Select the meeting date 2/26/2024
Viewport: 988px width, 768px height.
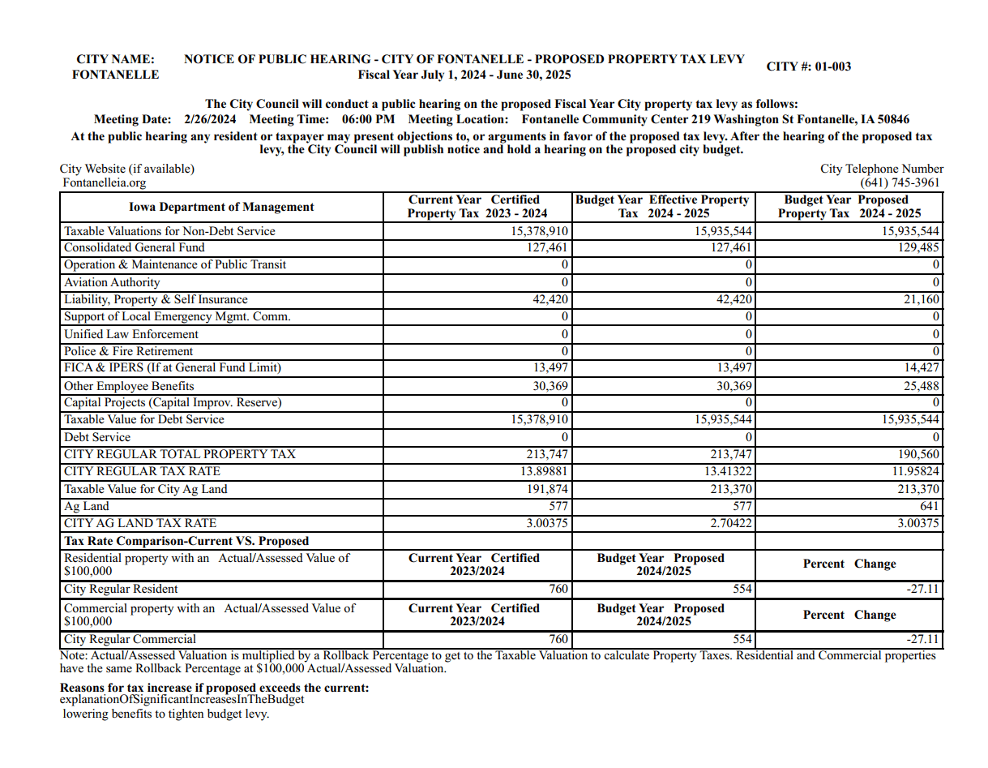209,119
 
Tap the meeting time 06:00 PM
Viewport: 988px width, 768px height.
368,119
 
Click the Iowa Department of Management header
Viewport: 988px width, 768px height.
221,207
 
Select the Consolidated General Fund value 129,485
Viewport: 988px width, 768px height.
918,247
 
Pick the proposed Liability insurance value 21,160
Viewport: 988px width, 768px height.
922,299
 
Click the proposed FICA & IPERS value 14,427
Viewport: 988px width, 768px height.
922,367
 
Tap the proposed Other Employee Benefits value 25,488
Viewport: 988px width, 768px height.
922,386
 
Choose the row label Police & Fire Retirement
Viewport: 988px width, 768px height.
128,351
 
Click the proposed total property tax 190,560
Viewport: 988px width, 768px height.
918,454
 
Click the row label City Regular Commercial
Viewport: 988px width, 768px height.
130,639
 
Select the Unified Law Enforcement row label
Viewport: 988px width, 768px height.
130,334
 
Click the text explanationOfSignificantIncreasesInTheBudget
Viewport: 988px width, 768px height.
182,699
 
